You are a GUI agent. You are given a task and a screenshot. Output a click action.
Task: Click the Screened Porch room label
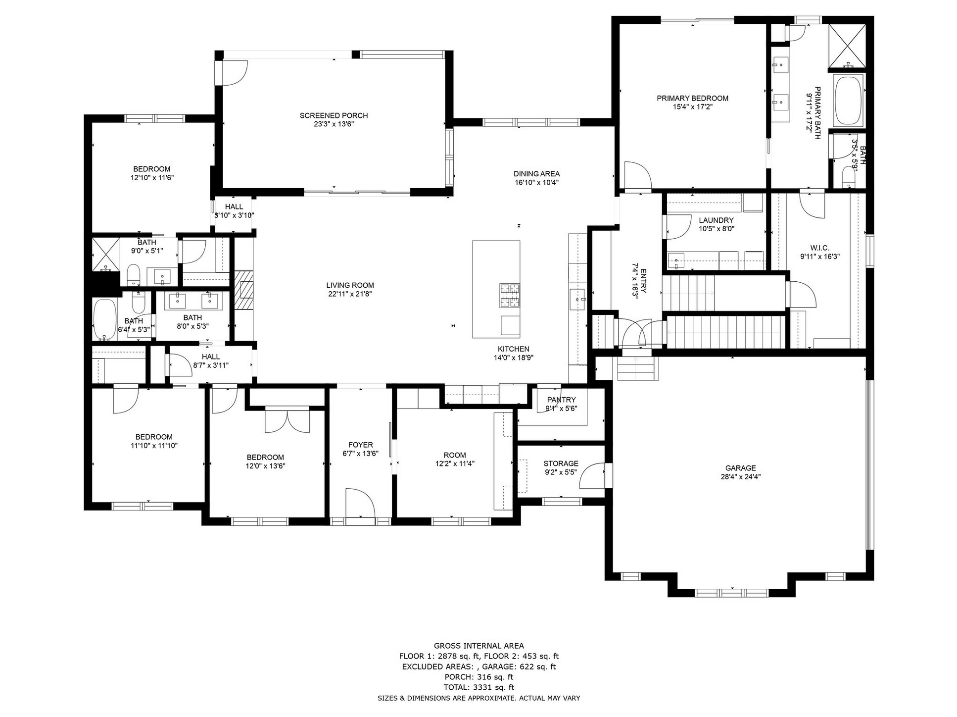pos(334,115)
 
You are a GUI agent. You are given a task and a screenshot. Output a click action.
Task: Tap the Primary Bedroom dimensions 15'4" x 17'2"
pos(692,106)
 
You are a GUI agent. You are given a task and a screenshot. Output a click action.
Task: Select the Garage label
pos(740,468)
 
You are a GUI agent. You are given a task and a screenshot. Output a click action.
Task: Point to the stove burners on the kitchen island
pos(510,296)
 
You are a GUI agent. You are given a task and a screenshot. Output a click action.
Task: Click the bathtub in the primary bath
pos(849,100)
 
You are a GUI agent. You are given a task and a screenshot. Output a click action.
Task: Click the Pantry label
pos(561,400)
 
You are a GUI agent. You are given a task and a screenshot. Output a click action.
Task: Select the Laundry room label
pos(716,220)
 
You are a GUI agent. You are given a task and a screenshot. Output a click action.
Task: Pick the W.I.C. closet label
pos(820,248)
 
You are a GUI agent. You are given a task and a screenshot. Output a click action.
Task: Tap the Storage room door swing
pos(593,476)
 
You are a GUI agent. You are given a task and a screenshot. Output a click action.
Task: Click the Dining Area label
pos(536,174)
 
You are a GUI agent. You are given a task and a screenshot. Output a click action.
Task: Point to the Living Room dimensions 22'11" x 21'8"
pos(350,294)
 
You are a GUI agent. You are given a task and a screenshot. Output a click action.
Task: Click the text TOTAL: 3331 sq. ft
pos(478,687)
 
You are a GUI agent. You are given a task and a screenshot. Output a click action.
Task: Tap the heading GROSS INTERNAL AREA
pos(478,646)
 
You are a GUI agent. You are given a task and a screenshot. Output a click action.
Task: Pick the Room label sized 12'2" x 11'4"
pos(455,455)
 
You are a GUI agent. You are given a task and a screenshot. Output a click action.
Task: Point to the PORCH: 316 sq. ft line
pos(478,677)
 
